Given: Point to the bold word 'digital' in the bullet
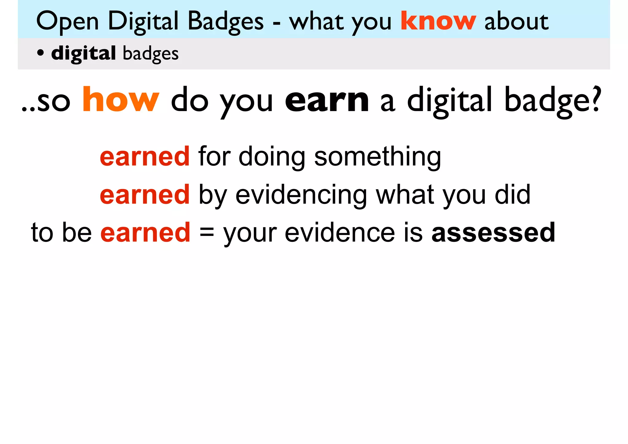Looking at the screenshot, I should pyautogui.click(x=83, y=54).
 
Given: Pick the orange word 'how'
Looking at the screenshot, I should pyautogui.click(x=121, y=100).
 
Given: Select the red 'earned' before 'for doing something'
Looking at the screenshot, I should pyautogui.click(x=145, y=156).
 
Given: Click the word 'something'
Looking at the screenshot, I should pyautogui.click(x=377, y=157).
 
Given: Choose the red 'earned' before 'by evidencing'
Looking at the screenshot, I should pyautogui.click(x=145, y=195).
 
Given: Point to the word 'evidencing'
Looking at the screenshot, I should pyautogui.click(x=301, y=195).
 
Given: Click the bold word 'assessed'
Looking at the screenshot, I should pyautogui.click(x=493, y=232).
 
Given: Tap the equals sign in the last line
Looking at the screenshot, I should pyautogui.click(x=207, y=232).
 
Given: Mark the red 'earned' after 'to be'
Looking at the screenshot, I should pyautogui.click(x=145, y=232).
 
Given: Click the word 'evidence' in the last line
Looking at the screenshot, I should pyautogui.click(x=340, y=232).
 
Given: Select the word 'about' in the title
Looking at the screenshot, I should pyautogui.click(x=516, y=21).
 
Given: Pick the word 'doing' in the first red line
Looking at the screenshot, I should pyautogui.click(x=272, y=157).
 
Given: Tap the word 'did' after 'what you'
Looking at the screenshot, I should pyautogui.click(x=512, y=195).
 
